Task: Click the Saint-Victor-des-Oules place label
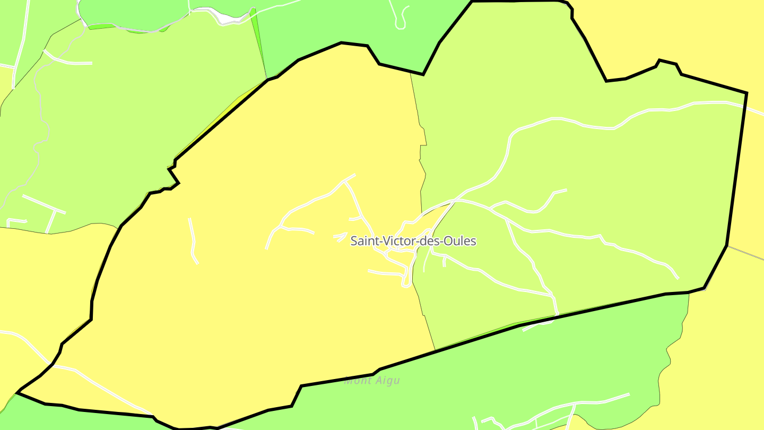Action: coord(413,241)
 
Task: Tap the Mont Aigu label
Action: coord(372,381)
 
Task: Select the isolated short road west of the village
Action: coord(193,242)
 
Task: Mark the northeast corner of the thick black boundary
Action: coord(746,93)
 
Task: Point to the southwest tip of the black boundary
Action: coord(18,393)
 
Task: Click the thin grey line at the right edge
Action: coord(745,253)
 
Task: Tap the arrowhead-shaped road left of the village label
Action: coord(341,236)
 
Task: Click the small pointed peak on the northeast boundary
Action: coord(659,61)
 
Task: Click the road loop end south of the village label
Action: coord(406,285)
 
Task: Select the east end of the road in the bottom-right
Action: coord(629,394)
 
